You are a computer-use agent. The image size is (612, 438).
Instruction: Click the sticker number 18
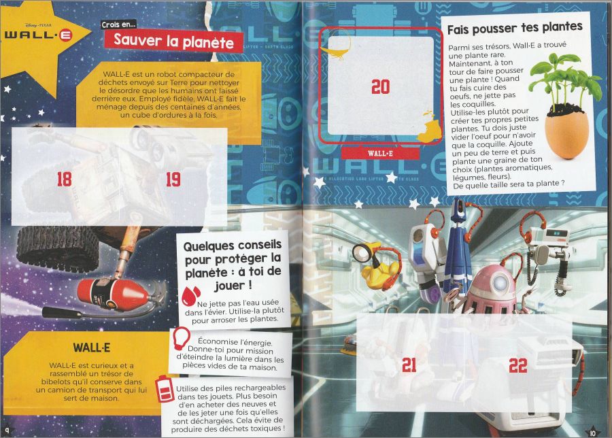click(x=65, y=179)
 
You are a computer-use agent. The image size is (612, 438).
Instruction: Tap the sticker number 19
click(x=173, y=179)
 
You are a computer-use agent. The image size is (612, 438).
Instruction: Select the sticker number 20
click(x=381, y=86)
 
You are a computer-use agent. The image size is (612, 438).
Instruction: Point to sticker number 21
click(x=409, y=365)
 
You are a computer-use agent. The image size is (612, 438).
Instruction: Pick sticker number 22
click(x=518, y=365)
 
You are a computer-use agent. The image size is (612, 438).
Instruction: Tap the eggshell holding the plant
click(x=567, y=134)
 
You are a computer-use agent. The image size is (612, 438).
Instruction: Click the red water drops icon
click(x=191, y=297)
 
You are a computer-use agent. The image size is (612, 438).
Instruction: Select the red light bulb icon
click(x=181, y=339)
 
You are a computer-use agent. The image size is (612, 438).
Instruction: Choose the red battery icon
click(x=165, y=389)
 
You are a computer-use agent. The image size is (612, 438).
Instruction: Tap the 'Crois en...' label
click(x=118, y=24)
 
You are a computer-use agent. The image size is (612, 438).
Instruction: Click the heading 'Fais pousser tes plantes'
click(x=515, y=28)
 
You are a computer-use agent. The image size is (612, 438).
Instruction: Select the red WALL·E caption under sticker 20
click(x=380, y=154)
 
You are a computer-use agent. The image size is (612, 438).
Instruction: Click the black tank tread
click(x=56, y=247)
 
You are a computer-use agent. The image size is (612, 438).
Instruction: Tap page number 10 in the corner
click(x=592, y=433)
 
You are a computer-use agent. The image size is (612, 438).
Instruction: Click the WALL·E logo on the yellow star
click(x=38, y=35)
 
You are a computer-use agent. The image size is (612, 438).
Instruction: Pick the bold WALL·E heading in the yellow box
click(x=91, y=348)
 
